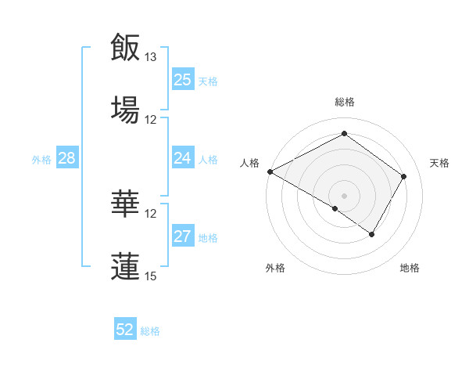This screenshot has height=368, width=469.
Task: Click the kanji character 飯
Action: coord(125,47)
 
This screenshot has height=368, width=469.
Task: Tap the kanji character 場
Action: coord(125,109)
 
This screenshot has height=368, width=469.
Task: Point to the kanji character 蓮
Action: coord(125,265)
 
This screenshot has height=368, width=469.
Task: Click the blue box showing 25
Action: coord(182,80)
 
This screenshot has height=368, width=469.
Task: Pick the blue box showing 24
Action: coord(182,158)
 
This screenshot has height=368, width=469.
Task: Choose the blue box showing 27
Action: coord(182,236)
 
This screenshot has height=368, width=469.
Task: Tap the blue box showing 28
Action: coord(66,158)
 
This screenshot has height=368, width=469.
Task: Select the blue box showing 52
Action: coord(124,330)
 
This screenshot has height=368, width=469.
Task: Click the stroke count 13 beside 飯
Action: coord(151,57)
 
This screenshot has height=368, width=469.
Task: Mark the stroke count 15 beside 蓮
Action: coord(151,276)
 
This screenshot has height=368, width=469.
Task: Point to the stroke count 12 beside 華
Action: coord(151,213)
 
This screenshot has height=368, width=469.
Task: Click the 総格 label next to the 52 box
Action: coord(151,331)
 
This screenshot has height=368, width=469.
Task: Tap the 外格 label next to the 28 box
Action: coord(41,159)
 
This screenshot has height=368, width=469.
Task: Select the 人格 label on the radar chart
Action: coord(250,163)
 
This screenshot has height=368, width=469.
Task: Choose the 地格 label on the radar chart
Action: coord(410,268)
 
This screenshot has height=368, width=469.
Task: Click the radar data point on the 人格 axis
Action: coord(270,171)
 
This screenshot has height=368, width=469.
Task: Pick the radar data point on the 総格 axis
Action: coord(344,134)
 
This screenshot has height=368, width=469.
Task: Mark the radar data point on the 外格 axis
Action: coord(335,208)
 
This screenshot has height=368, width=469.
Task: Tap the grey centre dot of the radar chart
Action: coord(344,195)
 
